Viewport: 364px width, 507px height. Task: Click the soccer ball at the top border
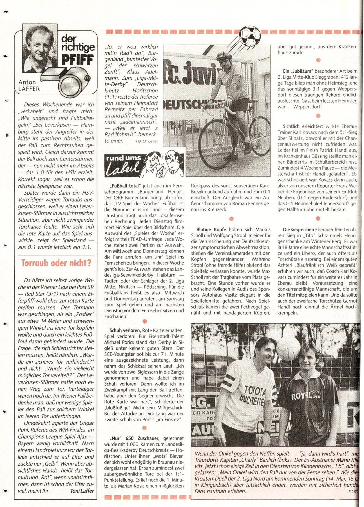coord(249,36)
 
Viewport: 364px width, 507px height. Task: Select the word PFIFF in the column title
coord(77,60)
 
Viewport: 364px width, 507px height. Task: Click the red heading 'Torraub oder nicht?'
coord(56,263)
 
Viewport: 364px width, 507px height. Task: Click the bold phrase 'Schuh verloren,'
coord(125,330)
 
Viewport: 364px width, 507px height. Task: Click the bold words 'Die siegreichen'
coord(298,230)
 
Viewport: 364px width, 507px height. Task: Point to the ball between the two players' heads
coord(288,348)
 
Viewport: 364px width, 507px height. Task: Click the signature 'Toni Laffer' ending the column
coord(82,491)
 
